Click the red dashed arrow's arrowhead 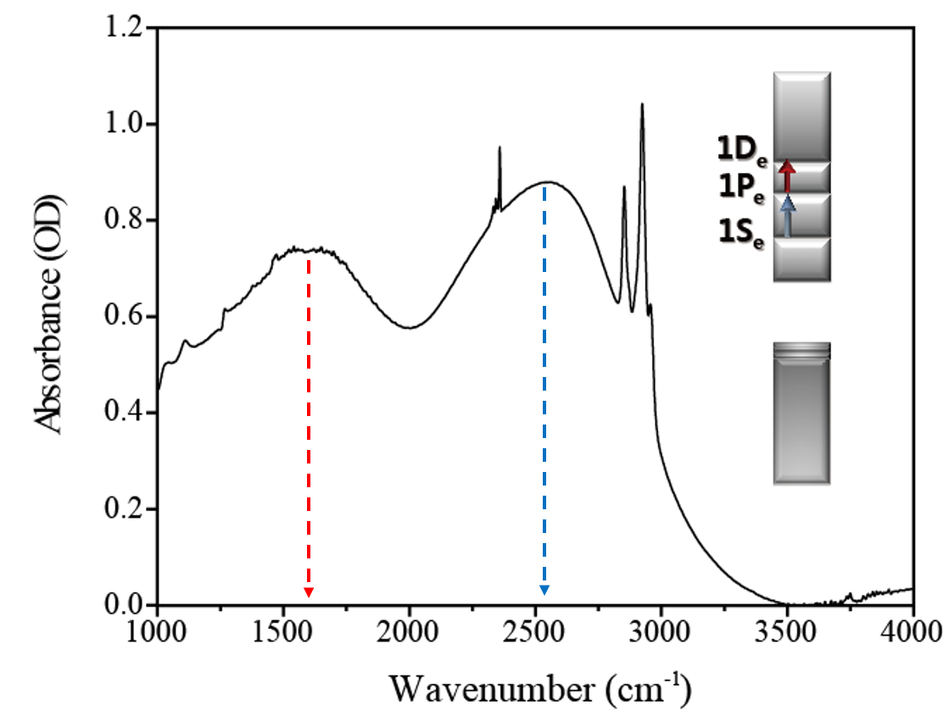(309, 591)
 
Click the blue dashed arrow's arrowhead (544, 589)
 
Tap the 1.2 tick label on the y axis (126, 28)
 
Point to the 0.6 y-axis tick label (126, 317)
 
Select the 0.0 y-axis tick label (126, 605)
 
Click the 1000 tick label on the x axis (158, 632)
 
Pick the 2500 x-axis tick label (535, 632)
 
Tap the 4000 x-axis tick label (913, 632)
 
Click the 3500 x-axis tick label (787, 632)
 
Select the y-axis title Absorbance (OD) (50, 318)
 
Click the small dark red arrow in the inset (787, 175)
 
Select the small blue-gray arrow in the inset (788, 215)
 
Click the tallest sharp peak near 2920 (642, 105)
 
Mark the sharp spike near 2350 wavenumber (500, 149)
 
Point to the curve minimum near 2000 (410, 327)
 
